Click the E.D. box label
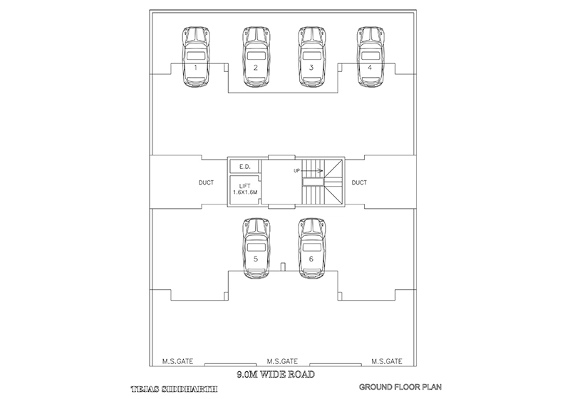[x=244, y=166]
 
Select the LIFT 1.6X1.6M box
[x=244, y=190]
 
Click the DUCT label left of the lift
[x=205, y=183]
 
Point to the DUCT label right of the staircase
[x=359, y=183]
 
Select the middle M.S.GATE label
[x=282, y=361]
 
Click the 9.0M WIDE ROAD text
[x=275, y=373]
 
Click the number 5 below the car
[x=255, y=259]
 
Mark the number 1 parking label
[x=195, y=67]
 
